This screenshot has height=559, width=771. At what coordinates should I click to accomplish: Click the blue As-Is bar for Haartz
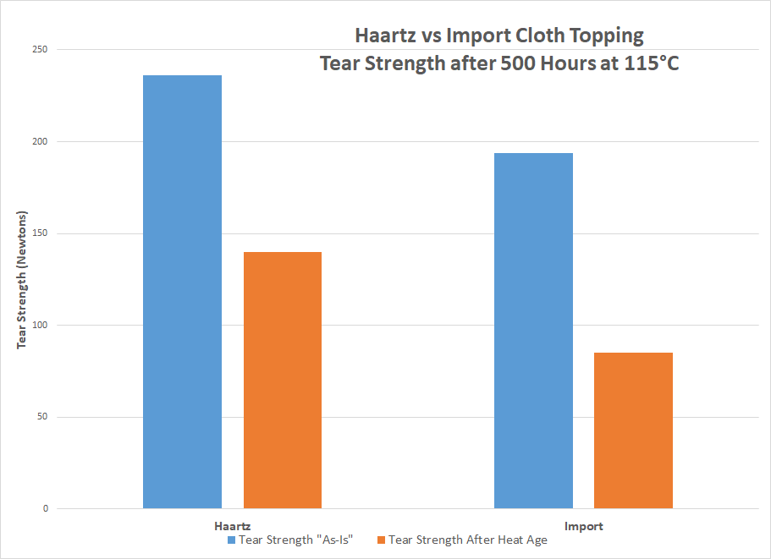pos(182,292)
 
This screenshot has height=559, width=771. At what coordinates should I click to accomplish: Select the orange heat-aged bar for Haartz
pos(283,380)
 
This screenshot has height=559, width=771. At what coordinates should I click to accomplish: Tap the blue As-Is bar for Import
pos(533,331)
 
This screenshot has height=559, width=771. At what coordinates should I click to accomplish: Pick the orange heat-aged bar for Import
pos(633,430)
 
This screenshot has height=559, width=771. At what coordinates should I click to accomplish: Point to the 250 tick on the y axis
pos(39,50)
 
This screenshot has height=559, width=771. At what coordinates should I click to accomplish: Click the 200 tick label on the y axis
pos(39,142)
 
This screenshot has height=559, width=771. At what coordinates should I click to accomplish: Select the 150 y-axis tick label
pos(39,233)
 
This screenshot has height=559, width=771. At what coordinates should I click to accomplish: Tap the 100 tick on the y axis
pos(39,326)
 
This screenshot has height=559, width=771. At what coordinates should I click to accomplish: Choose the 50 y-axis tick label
pos(41,417)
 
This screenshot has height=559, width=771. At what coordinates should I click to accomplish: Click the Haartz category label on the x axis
pos(232,526)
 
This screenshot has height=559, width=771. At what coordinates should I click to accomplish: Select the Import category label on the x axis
pos(583,526)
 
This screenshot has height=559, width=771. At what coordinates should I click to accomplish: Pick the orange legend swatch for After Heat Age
pos(381,540)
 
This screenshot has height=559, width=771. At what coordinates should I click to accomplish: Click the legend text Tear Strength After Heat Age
pos(467,540)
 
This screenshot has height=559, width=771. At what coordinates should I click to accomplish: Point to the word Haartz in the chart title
pos(385,37)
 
